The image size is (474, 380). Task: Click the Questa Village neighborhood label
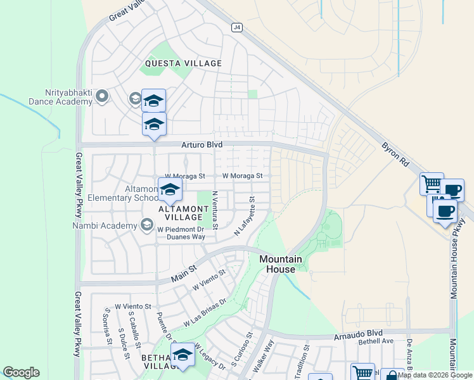click(x=183, y=63)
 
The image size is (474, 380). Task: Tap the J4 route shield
click(x=237, y=27)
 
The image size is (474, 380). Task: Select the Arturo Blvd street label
click(x=203, y=145)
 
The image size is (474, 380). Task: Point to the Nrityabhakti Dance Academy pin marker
click(x=102, y=96)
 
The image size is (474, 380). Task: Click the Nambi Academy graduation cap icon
click(x=147, y=225)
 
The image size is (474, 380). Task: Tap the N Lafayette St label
click(x=244, y=217)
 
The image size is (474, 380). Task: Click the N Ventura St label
click(x=215, y=210)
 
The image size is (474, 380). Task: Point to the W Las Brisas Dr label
click(x=205, y=313)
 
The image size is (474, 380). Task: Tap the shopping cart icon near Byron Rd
click(x=432, y=184)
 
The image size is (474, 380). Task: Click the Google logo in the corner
click(x=21, y=372)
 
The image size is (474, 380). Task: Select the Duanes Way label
click(x=186, y=237)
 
